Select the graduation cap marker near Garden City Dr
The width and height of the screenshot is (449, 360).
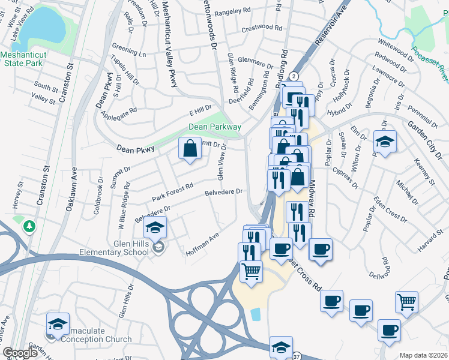384,142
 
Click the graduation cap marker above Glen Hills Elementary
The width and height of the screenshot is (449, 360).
155,227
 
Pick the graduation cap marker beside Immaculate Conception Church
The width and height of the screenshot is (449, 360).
58,323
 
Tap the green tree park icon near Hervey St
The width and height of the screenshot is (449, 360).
28,227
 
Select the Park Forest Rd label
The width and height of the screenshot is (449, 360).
172,193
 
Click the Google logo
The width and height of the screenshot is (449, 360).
20,353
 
